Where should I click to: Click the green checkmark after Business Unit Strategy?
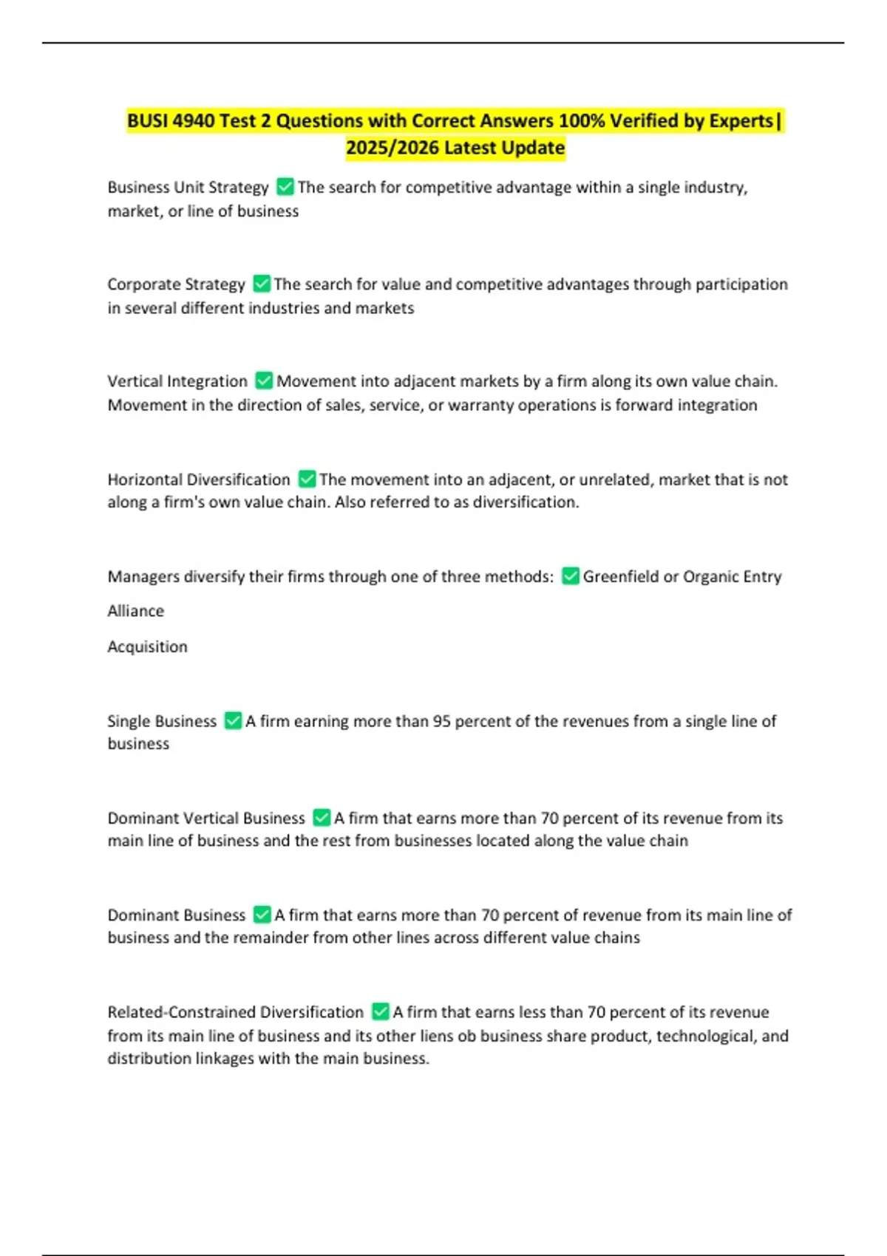(285, 187)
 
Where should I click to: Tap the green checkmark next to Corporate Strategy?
(262, 284)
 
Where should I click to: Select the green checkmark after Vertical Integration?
(264, 380)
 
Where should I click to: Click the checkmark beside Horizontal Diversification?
(307, 479)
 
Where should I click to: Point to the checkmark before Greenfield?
(570, 576)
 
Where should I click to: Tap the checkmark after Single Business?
(233, 720)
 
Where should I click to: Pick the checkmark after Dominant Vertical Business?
(322, 817)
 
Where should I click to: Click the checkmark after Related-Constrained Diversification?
(381, 1011)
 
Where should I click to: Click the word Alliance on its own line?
(136, 611)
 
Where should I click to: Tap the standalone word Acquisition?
(148, 646)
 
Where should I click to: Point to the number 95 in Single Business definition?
(441, 721)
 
